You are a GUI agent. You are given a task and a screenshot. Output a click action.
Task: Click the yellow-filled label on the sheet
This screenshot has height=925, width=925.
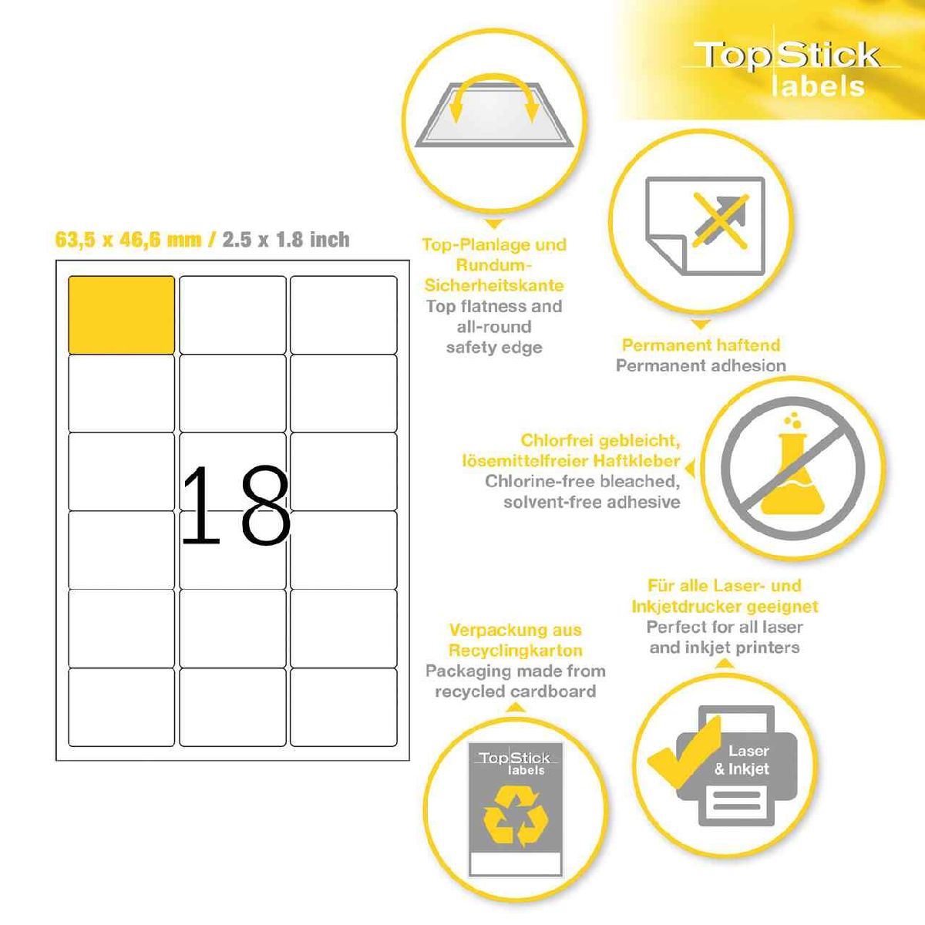[x=122, y=315]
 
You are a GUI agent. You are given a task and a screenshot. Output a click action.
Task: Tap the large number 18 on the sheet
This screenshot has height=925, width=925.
[x=236, y=506]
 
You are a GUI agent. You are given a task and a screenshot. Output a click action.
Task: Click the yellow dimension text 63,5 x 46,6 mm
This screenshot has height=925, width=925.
[x=128, y=239]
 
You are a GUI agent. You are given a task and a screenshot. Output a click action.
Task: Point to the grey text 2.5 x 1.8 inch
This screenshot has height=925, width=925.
[x=286, y=239]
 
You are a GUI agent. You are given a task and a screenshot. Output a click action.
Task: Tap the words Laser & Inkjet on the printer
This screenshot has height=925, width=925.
[x=742, y=759]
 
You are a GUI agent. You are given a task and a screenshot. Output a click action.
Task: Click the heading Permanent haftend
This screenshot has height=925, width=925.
[x=701, y=345]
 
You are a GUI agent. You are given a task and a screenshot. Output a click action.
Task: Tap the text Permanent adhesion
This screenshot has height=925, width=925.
[x=701, y=365]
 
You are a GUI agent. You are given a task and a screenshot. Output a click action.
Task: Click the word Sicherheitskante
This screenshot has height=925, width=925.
[x=494, y=285]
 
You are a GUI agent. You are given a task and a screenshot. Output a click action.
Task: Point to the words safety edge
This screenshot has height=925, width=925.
[x=494, y=347]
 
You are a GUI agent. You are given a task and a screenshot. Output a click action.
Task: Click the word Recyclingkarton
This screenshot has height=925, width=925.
[x=516, y=650]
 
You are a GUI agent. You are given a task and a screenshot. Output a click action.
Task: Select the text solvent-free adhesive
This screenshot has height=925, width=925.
[x=592, y=502]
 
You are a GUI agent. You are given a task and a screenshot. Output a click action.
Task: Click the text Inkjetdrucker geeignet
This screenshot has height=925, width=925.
[x=725, y=607]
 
